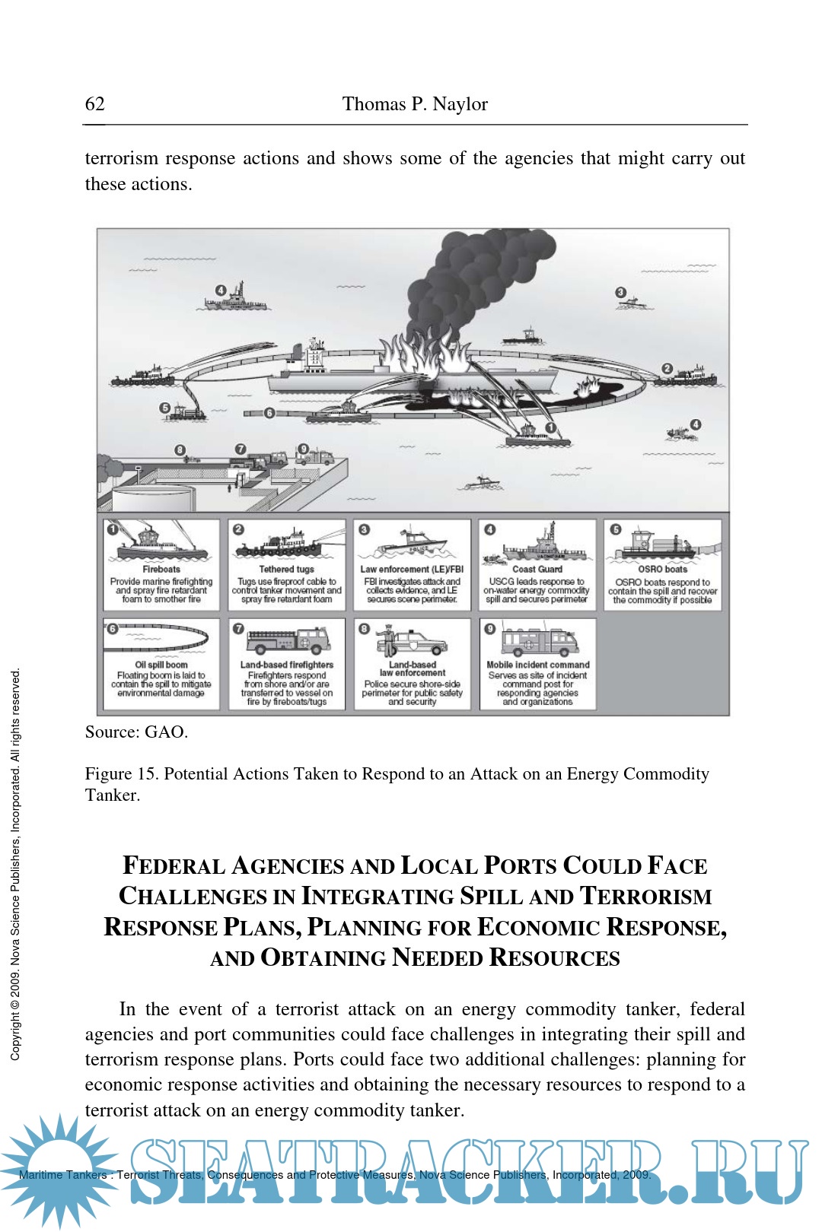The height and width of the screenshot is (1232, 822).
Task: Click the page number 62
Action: pyautogui.click(x=95, y=104)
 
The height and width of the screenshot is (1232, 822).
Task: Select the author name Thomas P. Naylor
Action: pyautogui.click(x=415, y=104)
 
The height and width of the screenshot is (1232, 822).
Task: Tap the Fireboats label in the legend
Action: pyautogui.click(x=161, y=569)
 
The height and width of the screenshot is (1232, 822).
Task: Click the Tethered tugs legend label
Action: pyautogui.click(x=286, y=569)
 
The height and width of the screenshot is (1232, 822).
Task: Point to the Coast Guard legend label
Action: pyautogui.click(x=537, y=569)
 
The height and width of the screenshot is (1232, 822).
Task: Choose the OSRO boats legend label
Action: pyautogui.click(x=662, y=569)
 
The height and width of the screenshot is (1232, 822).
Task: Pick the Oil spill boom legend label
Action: pyautogui.click(x=161, y=665)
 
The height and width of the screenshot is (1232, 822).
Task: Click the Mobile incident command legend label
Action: pyautogui.click(x=538, y=665)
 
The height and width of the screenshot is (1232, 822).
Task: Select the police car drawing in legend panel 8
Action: pyautogui.click(x=416, y=642)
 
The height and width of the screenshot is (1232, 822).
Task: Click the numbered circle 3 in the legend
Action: pyautogui.click(x=365, y=529)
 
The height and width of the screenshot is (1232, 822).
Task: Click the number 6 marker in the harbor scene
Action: pyautogui.click(x=269, y=413)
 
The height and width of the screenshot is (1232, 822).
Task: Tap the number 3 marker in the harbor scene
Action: pyautogui.click(x=621, y=292)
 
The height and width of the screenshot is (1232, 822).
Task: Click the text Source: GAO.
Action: pyautogui.click(x=136, y=732)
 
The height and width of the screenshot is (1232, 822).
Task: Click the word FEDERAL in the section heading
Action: pyautogui.click(x=174, y=865)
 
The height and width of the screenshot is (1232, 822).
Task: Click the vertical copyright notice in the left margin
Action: pyautogui.click(x=15, y=863)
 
